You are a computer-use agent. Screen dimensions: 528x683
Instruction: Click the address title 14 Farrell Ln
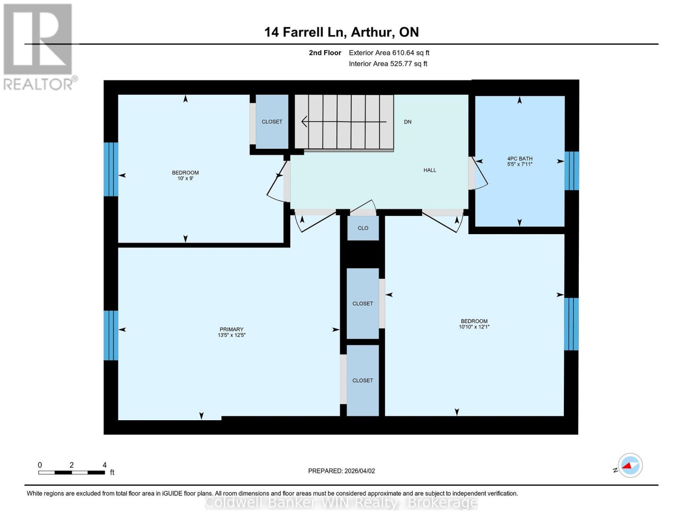(x=341, y=32)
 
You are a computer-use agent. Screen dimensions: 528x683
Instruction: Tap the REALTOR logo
(x=39, y=46)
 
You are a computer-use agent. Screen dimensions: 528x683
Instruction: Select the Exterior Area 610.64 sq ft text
(x=389, y=53)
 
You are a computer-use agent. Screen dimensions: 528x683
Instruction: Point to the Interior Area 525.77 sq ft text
(x=388, y=64)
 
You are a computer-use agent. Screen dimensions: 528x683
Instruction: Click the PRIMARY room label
(x=231, y=330)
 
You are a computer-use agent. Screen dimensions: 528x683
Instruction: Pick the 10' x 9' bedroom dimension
(x=185, y=179)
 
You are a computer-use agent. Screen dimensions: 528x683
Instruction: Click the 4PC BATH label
(x=519, y=158)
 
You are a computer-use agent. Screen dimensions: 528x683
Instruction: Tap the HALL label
(x=430, y=170)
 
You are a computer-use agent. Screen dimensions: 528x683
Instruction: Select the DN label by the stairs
(x=408, y=122)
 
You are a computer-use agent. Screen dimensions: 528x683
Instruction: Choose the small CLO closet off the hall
(x=363, y=228)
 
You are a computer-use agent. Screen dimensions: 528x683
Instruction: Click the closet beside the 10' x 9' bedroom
(x=272, y=122)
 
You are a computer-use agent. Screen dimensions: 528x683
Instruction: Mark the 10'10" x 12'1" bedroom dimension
(x=474, y=327)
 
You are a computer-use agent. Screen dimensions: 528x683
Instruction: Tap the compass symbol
(x=630, y=466)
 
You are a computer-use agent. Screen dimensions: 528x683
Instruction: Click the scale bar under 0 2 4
(x=71, y=473)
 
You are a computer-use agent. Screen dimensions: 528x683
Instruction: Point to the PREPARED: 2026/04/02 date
(x=341, y=471)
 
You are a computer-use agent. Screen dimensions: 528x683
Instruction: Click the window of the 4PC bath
(x=571, y=171)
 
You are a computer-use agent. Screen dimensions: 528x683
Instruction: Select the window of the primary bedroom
(x=111, y=335)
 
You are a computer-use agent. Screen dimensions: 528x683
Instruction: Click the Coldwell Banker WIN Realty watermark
(x=341, y=502)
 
